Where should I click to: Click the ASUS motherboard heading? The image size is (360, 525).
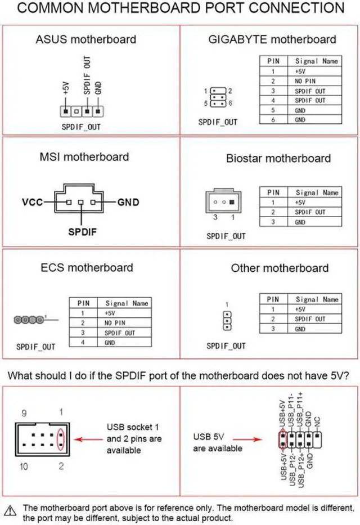tap(85, 39)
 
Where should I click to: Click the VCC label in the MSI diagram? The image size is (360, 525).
tap(33, 201)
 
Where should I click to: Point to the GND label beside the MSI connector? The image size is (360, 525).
tap(129, 201)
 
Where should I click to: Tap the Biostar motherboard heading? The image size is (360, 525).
tap(278, 158)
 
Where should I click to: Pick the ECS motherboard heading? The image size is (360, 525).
tap(87, 267)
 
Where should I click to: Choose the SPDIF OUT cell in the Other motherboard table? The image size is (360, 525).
tap(310, 319)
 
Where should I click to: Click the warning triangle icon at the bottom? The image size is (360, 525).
tap(12, 507)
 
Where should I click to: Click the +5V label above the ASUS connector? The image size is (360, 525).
tap(66, 88)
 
